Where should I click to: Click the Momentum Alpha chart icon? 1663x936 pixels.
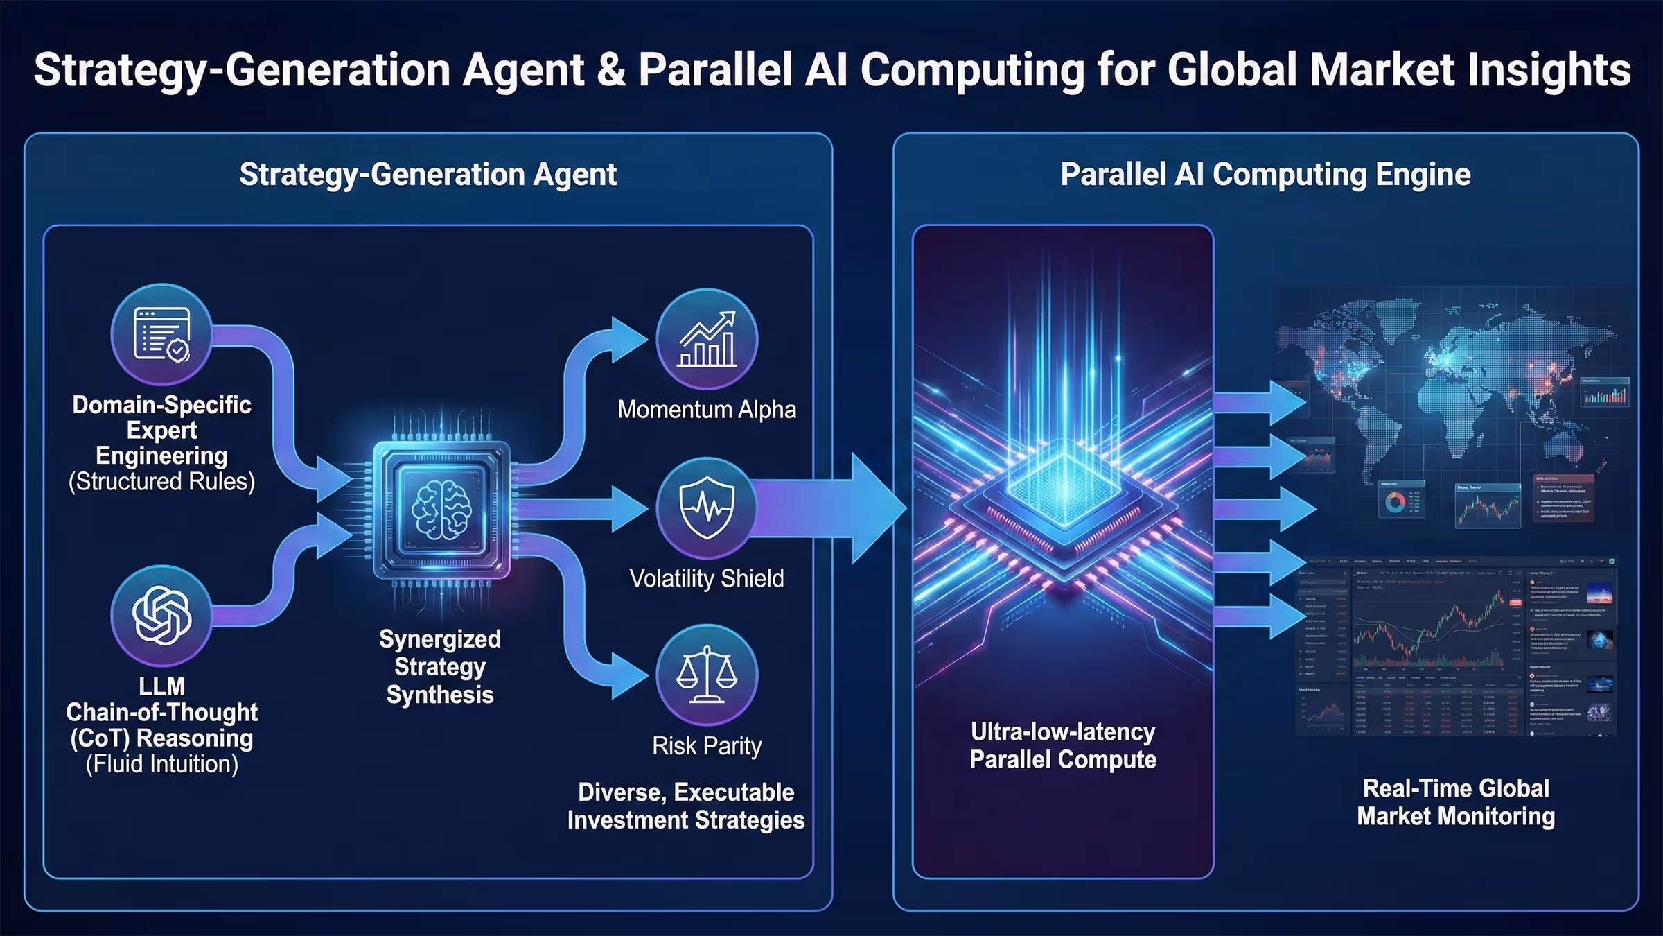[707, 339]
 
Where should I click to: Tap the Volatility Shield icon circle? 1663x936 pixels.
[707, 508]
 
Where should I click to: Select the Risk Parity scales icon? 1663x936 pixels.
[707, 675]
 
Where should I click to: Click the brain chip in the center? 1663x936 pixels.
[442, 510]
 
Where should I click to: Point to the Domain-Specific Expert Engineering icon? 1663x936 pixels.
[161, 334]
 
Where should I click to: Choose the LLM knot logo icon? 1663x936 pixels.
[161, 616]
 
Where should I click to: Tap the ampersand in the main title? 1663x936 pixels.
[610, 70]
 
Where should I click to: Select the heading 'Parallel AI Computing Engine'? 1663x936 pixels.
[1265, 175]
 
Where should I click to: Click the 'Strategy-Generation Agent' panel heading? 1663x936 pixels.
[428, 175]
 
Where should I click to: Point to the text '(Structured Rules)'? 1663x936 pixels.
[161, 482]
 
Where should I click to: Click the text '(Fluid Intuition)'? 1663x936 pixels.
[161, 764]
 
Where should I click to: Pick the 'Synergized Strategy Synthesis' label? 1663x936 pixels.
[440, 667]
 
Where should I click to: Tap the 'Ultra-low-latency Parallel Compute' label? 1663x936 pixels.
[1063, 745]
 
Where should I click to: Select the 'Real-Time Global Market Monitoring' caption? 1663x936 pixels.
[1456, 802]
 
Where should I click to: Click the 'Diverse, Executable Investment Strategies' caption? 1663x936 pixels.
[686, 806]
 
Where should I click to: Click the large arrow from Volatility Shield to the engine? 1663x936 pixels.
[831, 508]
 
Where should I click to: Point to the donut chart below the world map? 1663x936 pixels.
[1395, 502]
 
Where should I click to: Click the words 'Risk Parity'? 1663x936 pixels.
[707, 747]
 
